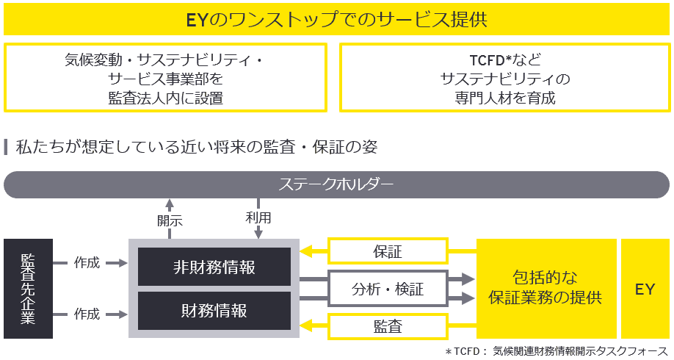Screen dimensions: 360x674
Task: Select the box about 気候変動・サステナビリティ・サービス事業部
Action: point(165,77)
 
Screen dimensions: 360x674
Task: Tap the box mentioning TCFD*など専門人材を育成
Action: point(505,77)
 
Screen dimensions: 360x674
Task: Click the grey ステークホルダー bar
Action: point(337,184)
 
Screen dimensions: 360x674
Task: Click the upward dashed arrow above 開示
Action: point(170,204)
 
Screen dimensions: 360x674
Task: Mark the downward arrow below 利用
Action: point(258,231)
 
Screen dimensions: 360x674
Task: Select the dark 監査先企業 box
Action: point(28,288)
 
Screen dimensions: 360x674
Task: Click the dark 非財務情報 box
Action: point(214,267)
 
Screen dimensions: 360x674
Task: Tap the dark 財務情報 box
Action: point(214,310)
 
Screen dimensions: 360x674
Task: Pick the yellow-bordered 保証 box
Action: point(388,251)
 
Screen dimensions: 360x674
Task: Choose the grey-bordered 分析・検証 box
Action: point(388,289)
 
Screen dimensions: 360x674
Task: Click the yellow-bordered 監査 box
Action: point(388,326)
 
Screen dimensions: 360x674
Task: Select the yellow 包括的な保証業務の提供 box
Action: point(546,288)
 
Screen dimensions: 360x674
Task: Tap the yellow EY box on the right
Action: point(645,288)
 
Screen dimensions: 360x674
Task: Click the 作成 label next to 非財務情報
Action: point(87,262)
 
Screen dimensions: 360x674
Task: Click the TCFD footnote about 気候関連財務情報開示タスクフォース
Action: point(557,351)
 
